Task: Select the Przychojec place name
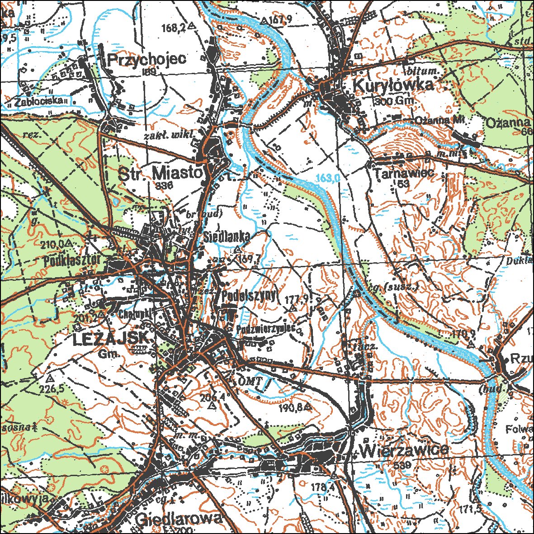[146, 59]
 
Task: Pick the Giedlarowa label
[179, 518]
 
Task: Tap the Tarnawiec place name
[404, 173]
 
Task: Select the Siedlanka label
[227, 236]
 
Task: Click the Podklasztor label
[74, 261]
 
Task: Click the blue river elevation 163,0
[328, 178]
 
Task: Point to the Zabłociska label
[38, 102]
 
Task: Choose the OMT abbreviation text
[250, 381]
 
